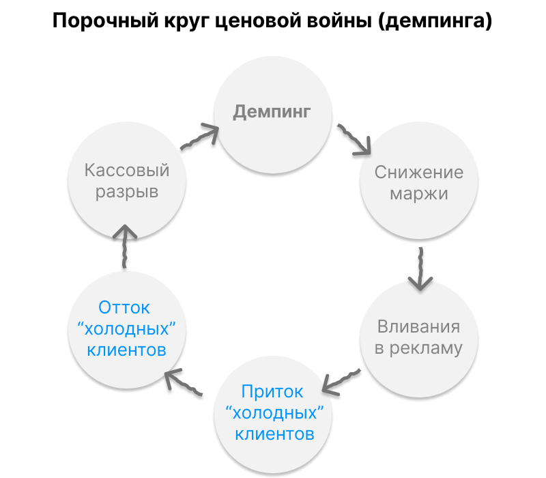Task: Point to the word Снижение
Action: (419, 172)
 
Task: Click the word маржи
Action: (419, 193)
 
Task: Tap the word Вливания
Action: (419, 326)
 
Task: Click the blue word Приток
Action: (272, 392)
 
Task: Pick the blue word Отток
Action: (124, 308)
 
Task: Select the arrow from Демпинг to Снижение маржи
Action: (354, 139)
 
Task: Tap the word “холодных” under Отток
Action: (124, 329)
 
